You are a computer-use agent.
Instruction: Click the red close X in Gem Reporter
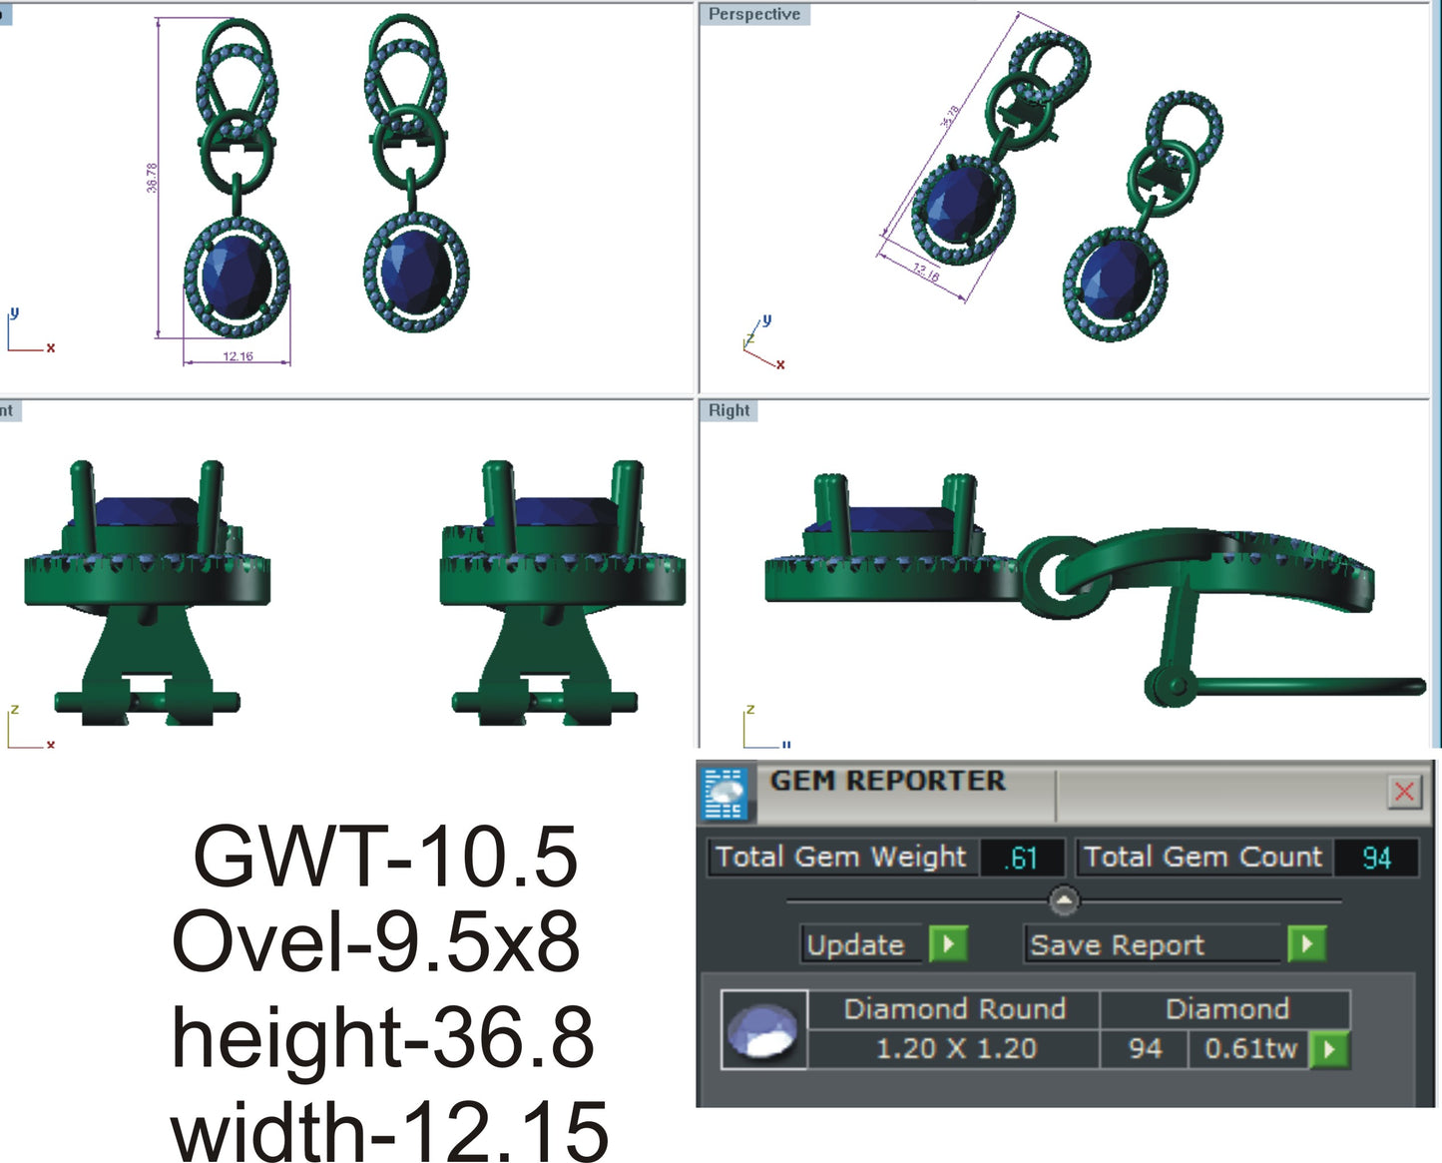coord(1404,792)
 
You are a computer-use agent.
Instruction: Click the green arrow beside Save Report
coord(1306,943)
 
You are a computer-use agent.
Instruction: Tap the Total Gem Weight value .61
coord(1022,858)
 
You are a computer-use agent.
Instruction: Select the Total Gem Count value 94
coord(1376,858)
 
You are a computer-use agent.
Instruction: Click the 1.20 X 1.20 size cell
coord(955,1049)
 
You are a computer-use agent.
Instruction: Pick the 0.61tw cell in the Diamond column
coord(1249,1049)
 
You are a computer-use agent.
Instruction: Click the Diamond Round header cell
coord(954,1009)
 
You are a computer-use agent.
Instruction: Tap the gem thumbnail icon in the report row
coord(763,1030)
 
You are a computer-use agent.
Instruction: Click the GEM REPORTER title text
coord(887,781)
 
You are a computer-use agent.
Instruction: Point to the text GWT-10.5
coord(385,857)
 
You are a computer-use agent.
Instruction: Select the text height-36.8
coord(383,1037)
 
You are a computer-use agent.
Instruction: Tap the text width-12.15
coord(389,1129)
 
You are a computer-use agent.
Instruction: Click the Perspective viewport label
coord(753,14)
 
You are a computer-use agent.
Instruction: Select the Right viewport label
coord(728,410)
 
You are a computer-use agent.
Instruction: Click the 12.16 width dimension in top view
coord(238,356)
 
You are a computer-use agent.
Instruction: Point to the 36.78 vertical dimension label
coord(152,178)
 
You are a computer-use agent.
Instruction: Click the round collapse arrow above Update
coord(1064,900)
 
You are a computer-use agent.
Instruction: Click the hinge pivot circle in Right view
coord(1176,686)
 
